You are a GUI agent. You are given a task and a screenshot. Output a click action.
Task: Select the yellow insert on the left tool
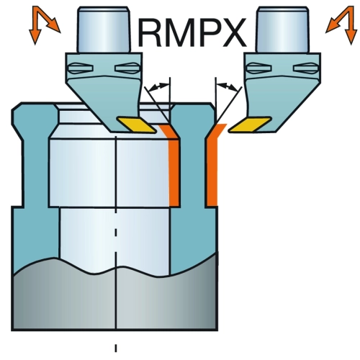(136, 125)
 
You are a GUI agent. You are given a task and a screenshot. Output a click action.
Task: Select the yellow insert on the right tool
(250, 125)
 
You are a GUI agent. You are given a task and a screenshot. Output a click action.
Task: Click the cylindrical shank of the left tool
(104, 30)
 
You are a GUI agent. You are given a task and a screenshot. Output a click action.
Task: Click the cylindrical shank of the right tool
(282, 30)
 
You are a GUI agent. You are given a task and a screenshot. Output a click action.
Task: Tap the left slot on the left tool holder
(81, 68)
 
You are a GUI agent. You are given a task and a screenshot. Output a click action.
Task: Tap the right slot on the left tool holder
(127, 68)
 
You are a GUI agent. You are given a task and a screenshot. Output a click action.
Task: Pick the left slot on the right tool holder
(259, 68)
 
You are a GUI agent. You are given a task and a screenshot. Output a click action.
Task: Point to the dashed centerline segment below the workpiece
(116, 348)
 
